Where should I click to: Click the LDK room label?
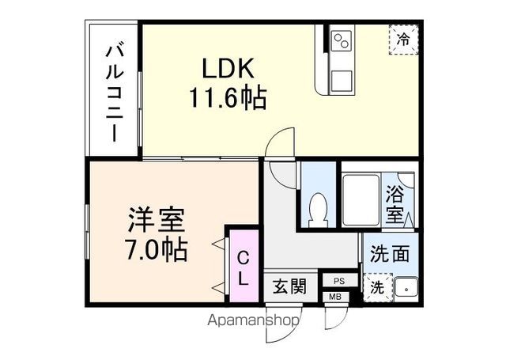[227, 67]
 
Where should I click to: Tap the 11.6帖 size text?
[227, 97]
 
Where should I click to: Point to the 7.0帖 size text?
[157, 249]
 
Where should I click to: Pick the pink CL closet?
[244, 267]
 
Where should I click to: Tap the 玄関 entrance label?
[290, 286]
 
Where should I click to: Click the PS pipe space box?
[339, 281]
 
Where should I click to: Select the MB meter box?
[334, 297]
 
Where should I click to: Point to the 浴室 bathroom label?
[394, 203]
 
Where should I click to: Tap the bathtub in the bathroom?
[360, 201]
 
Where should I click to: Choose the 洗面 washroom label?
[390, 255]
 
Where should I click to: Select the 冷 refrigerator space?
[403, 39]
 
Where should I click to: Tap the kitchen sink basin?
[342, 80]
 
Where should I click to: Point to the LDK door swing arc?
[279, 145]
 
